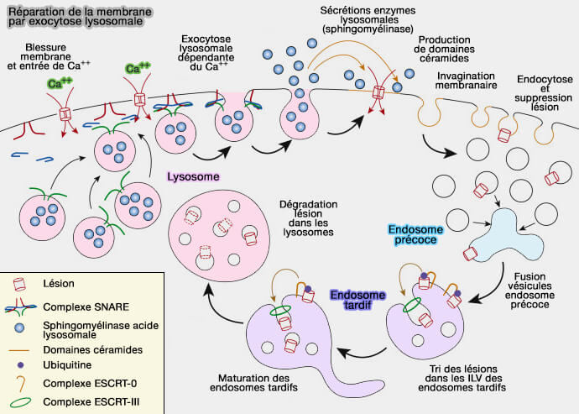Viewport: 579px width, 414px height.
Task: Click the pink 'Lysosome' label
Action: pos(193,177)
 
